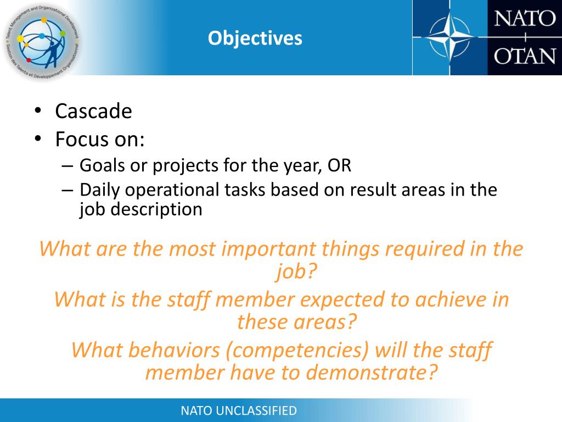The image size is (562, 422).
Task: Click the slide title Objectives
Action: [255, 38]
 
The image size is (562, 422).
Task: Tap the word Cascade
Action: [93, 112]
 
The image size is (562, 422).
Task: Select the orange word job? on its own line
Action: [296, 270]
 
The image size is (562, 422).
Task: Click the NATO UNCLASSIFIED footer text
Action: [239, 410]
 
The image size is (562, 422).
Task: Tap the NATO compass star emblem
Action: [449, 37]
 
